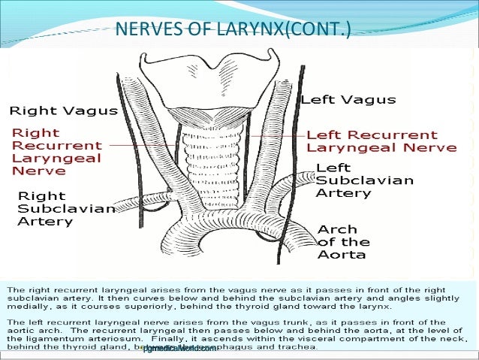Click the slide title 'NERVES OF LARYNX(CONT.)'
tap(232, 31)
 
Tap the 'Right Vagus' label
tap(63, 110)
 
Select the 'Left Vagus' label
tap(348, 99)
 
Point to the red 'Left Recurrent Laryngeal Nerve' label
tap(381, 141)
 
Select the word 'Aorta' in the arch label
tap(342, 254)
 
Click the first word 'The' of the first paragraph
tap(15, 289)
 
